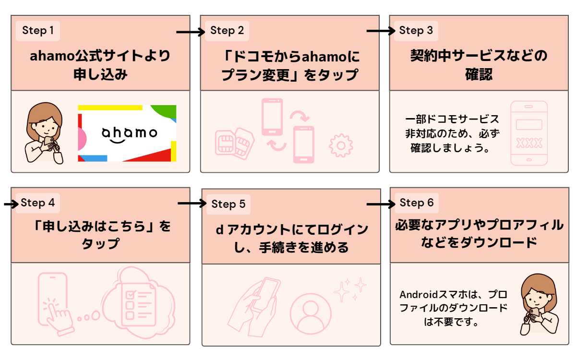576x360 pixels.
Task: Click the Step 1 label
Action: click(x=38, y=31)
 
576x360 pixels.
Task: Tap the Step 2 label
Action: click(x=227, y=31)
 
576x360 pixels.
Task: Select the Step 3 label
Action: click(x=416, y=31)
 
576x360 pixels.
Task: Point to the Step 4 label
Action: click(x=37, y=203)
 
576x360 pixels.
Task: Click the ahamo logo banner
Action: click(x=127, y=133)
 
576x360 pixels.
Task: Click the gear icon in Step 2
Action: click(x=341, y=146)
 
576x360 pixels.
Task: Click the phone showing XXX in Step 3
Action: click(x=528, y=133)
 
